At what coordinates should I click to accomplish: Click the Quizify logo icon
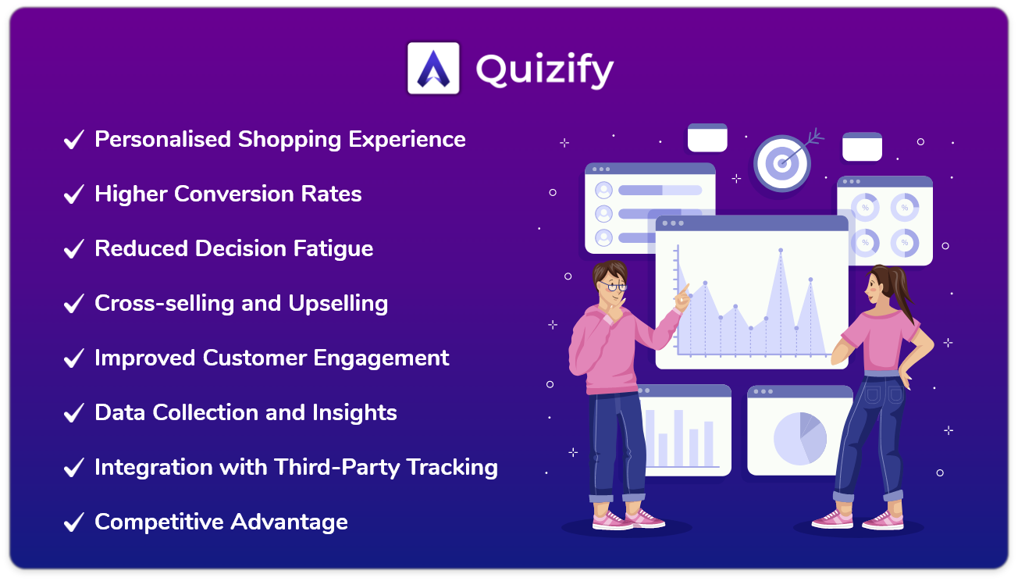(x=433, y=68)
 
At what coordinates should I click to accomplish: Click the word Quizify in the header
(x=544, y=70)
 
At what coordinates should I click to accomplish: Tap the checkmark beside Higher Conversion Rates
(x=74, y=194)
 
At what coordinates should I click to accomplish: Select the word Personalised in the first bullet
(x=162, y=139)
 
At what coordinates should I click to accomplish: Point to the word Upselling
(x=338, y=304)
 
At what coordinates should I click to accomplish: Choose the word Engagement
(x=381, y=358)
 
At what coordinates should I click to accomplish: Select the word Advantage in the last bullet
(x=289, y=522)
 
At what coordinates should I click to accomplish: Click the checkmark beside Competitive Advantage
(x=74, y=522)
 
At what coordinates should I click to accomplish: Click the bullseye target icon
(x=782, y=163)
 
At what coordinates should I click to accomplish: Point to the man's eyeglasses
(x=614, y=287)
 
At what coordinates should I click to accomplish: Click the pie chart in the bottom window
(x=800, y=439)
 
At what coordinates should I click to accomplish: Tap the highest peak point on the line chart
(x=781, y=250)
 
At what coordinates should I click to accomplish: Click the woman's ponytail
(x=903, y=291)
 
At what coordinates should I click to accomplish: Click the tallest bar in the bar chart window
(x=678, y=438)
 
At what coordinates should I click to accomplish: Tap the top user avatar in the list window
(x=603, y=190)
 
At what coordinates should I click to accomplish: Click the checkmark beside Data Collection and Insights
(x=74, y=413)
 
